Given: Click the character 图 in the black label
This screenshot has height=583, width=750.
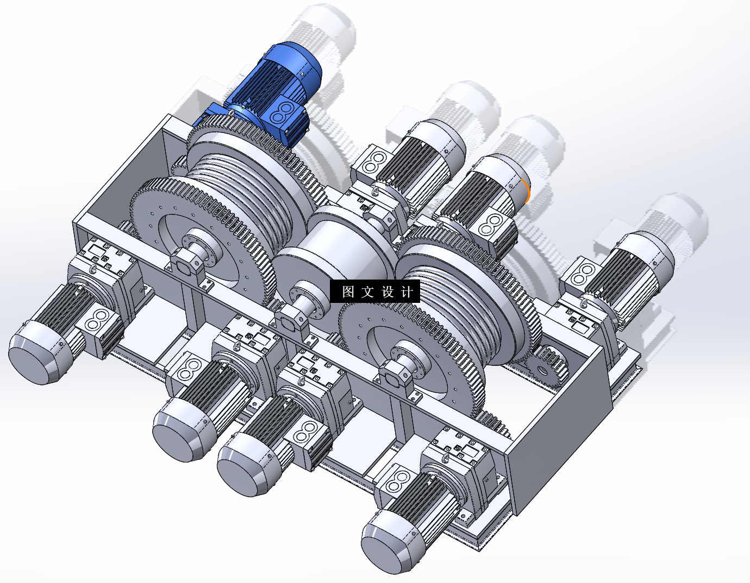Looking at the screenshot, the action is click(x=348, y=291).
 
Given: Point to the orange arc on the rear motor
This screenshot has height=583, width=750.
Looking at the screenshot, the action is click(x=527, y=191).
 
